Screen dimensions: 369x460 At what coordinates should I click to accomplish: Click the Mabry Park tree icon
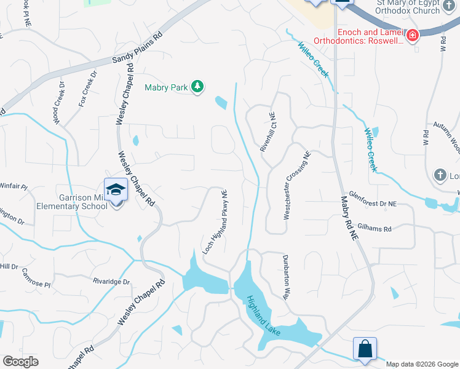(x=197, y=87)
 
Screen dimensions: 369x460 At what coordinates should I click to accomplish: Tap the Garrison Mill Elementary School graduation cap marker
(x=115, y=189)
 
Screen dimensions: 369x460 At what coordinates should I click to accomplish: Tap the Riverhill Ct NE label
(x=268, y=132)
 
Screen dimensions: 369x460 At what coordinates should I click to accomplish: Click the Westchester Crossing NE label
(x=296, y=186)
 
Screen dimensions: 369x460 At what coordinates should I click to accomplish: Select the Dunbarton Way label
(x=286, y=277)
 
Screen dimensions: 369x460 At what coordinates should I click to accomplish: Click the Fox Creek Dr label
(x=88, y=89)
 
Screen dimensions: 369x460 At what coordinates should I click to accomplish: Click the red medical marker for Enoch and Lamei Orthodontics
(x=411, y=35)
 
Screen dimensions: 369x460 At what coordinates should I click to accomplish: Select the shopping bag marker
(x=365, y=348)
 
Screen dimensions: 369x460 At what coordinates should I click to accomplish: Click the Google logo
(x=20, y=362)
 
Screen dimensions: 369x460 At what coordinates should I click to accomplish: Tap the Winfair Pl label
(x=14, y=186)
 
